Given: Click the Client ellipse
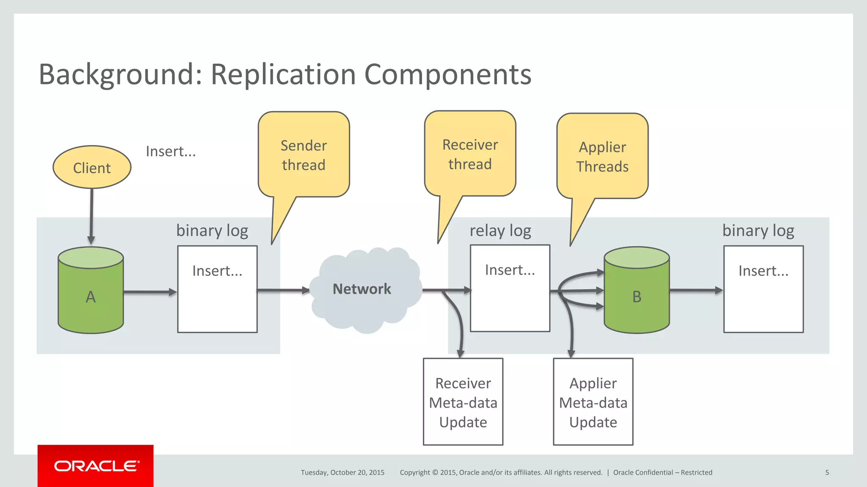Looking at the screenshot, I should [x=92, y=167].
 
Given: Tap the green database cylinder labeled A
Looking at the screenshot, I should [x=91, y=296].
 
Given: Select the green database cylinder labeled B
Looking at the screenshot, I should [x=636, y=296].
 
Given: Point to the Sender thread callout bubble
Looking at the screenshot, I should [x=304, y=155].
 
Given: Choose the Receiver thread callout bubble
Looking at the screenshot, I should [x=470, y=154].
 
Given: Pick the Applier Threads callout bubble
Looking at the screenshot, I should [x=602, y=156].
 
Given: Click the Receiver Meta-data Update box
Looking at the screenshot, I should [x=463, y=402].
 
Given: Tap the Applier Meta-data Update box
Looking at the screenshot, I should [x=593, y=402].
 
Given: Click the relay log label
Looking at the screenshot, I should [x=500, y=231].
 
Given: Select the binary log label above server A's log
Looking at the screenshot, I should [x=212, y=231].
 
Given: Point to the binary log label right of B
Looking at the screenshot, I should [x=758, y=231].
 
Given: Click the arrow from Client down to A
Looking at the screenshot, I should [x=91, y=216].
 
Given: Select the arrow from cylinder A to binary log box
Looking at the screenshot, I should [x=149, y=292].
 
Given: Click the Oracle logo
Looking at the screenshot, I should [x=96, y=466].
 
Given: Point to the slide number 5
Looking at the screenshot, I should [x=827, y=473].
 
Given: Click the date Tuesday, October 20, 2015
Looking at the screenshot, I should [x=342, y=473].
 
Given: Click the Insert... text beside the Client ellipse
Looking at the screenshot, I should [x=171, y=151].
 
